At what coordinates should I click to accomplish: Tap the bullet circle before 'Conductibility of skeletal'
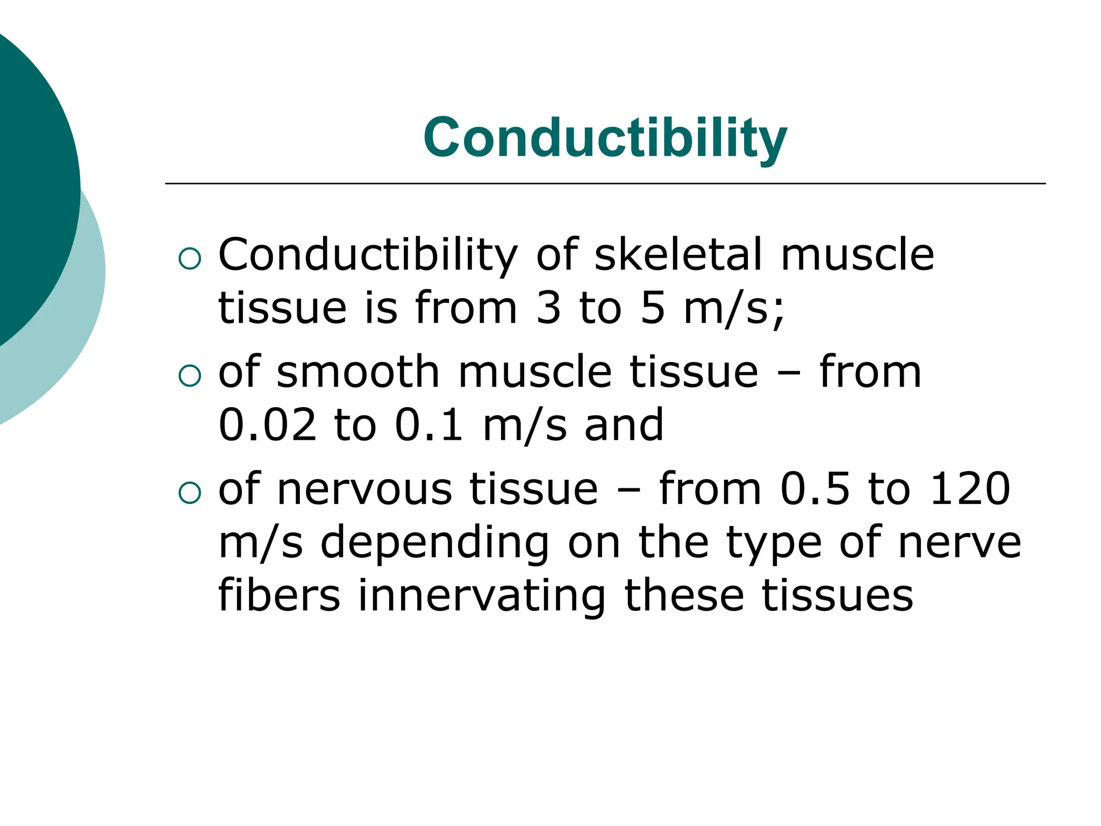189,259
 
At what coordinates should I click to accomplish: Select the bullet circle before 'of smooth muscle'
189,376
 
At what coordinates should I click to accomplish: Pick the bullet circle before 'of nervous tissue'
189,493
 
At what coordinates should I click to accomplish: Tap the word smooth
358,372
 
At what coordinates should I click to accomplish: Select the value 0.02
267,425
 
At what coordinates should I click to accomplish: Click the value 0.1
428,425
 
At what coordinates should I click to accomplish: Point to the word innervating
482,595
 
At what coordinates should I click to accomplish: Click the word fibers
279,595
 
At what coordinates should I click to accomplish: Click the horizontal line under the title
605,184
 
